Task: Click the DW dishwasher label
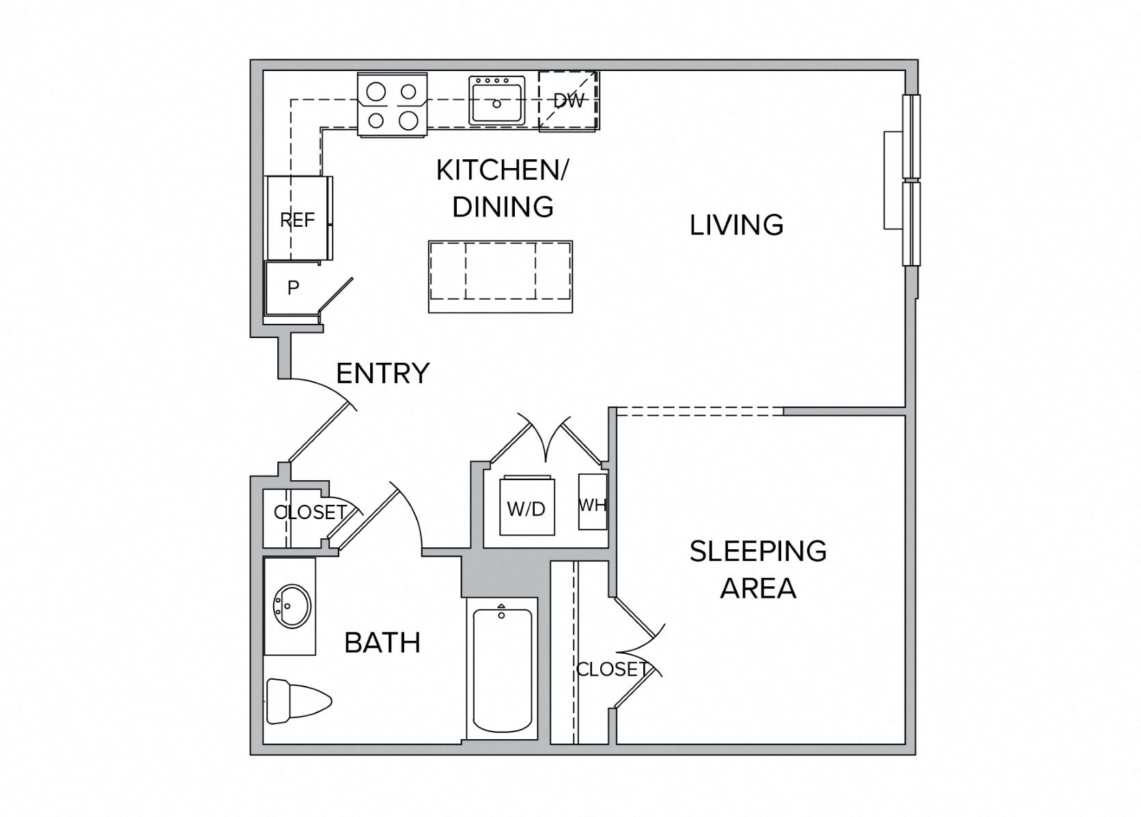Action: coord(568,101)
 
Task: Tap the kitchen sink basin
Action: coord(496,100)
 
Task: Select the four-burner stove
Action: coord(392,105)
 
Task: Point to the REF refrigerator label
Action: coord(297,220)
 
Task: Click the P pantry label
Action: coord(293,288)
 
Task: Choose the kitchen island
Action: coord(500,276)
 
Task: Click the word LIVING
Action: coord(736,225)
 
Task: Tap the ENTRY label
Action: coord(382,374)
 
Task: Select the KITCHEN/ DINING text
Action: coord(503,189)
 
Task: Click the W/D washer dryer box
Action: coord(526,508)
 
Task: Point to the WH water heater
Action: coord(592,503)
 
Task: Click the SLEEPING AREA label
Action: coord(758,569)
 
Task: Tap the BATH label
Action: coord(382,643)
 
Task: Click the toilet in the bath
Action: coord(297,700)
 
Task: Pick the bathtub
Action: coord(502,669)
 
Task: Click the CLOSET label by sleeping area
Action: coord(610,669)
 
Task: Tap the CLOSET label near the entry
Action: coord(309,512)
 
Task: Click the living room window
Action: coord(910,180)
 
